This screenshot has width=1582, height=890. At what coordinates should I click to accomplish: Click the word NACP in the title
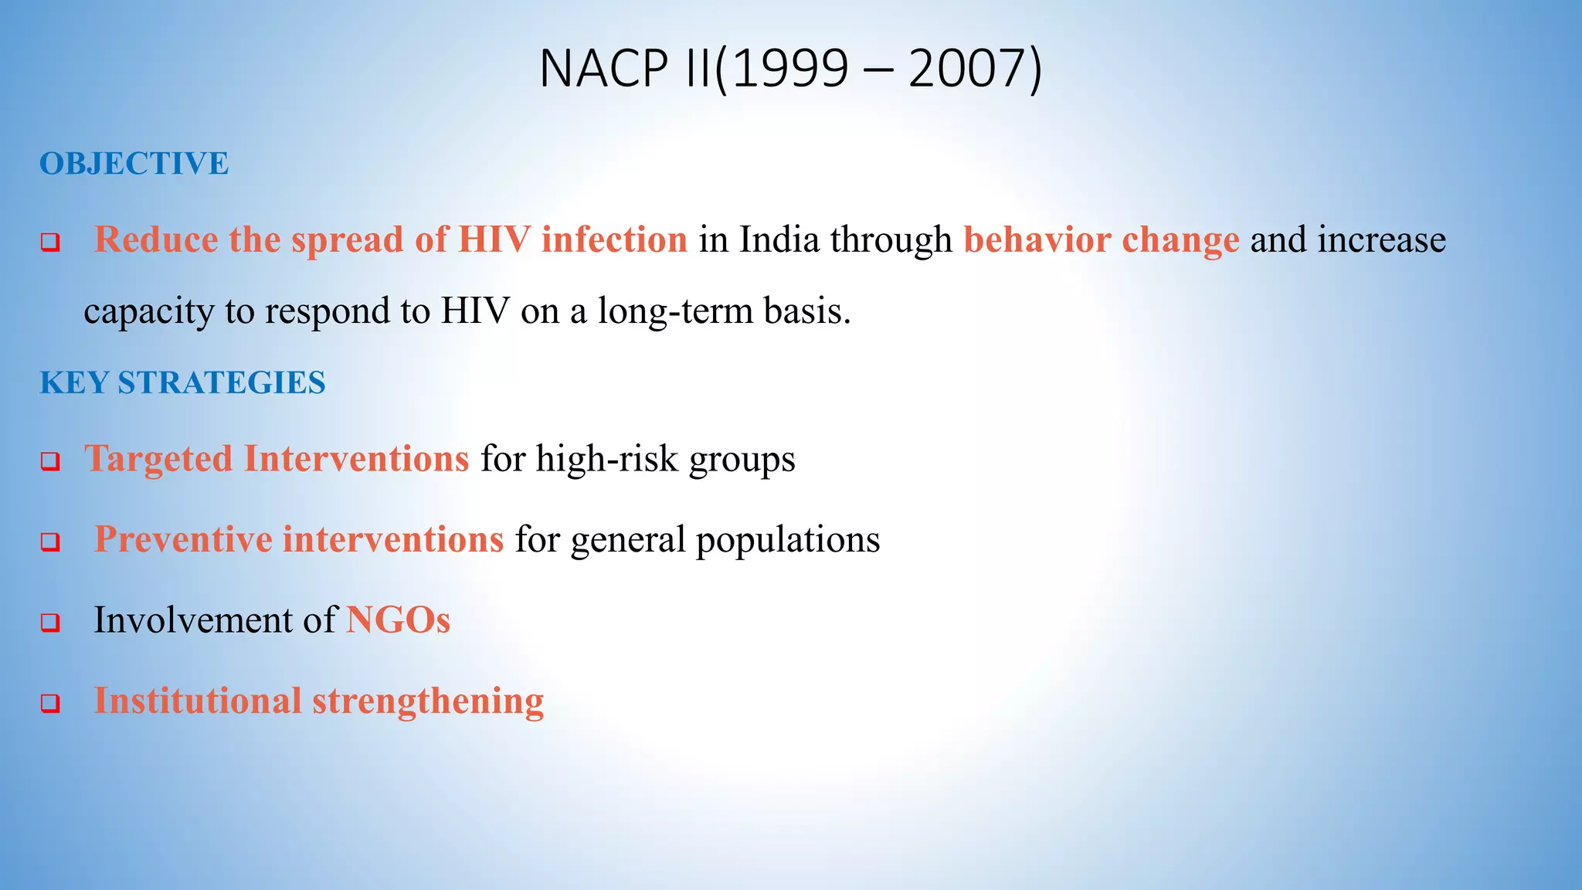[603, 69]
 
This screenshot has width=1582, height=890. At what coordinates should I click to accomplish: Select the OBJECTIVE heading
[134, 164]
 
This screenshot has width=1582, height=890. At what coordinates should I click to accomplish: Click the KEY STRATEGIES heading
[182, 383]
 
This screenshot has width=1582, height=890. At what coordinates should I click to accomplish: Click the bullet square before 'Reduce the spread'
[50, 243]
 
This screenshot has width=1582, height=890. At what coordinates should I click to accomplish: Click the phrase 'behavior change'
[1101, 239]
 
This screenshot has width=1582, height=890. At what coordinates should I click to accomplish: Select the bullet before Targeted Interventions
[50, 462]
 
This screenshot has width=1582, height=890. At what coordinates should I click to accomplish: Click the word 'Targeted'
[158, 459]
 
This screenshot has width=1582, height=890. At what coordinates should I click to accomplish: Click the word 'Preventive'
[182, 539]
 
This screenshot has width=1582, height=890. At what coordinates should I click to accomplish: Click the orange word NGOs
[398, 620]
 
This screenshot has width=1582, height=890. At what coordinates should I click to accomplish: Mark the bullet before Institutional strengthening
[50, 704]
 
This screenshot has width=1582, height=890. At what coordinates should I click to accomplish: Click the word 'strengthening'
[428, 701]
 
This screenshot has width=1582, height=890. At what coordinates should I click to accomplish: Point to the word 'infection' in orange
[614, 239]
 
